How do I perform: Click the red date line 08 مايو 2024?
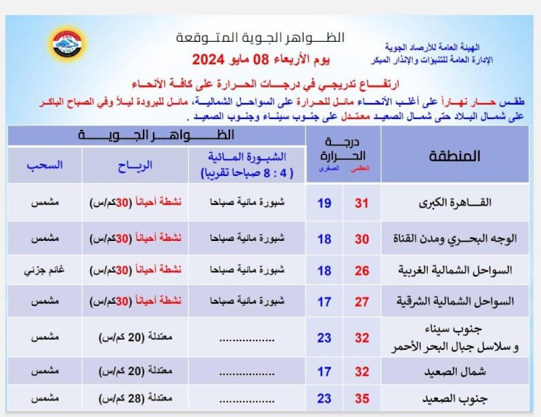(x=250, y=58)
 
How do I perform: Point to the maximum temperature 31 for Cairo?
(x=361, y=203)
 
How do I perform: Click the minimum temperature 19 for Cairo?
(x=325, y=203)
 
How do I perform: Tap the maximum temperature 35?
(x=361, y=398)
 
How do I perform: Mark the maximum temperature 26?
(x=361, y=270)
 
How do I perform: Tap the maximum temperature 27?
(x=361, y=302)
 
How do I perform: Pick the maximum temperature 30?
(x=361, y=237)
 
